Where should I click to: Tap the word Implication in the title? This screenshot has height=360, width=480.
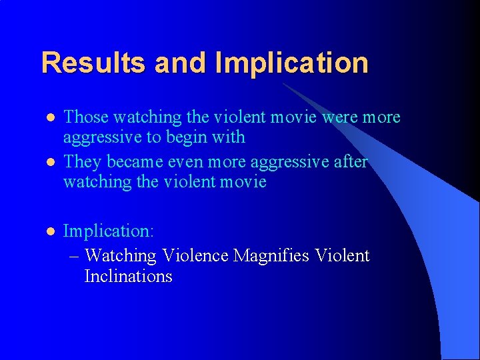pos(291,63)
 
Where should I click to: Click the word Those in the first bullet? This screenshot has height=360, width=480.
pos(85,117)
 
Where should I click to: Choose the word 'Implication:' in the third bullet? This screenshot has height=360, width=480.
pos(109,231)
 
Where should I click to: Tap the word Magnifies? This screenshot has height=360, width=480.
pos(271,255)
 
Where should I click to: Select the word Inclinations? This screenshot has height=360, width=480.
pos(128,276)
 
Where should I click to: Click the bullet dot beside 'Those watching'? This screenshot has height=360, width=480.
pos(49,118)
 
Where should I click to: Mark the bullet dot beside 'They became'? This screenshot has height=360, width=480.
pos(49,163)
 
